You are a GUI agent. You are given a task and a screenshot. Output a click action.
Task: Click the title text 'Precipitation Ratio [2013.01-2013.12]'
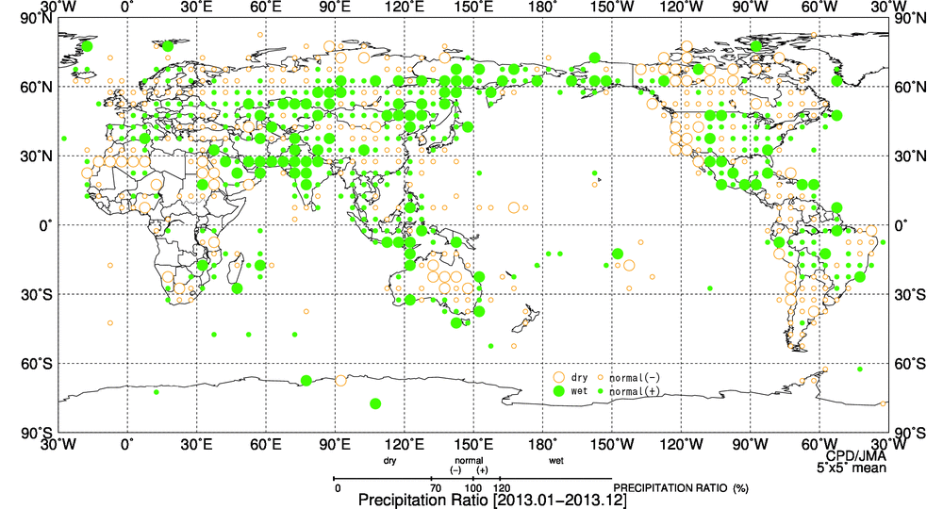point(492,501)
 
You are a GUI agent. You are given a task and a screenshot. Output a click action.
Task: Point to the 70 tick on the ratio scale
point(435,488)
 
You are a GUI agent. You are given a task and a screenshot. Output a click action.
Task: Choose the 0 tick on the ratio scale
point(337,488)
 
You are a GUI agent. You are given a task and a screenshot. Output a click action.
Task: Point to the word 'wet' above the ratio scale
point(556,461)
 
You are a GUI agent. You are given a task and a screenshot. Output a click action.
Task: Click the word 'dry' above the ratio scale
point(390,461)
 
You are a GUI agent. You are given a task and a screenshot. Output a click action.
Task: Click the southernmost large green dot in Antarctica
point(375,403)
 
